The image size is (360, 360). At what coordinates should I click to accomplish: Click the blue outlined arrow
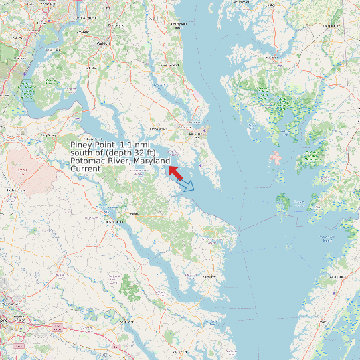coord(187,185)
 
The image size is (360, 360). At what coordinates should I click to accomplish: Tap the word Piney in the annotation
coord(83,145)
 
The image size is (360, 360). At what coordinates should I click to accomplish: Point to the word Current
coord(85,169)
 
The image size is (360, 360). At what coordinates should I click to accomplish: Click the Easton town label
coord(272,58)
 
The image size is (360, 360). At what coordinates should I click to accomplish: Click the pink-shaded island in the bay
coord(274,159)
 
